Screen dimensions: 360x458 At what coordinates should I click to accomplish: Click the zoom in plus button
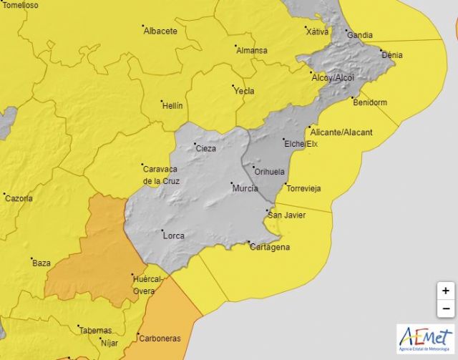click(x=445, y=291)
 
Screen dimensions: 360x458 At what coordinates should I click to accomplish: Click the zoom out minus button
click(x=445, y=308)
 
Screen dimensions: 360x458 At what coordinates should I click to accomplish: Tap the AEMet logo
click(x=425, y=338)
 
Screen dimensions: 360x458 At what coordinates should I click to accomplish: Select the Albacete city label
click(x=160, y=31)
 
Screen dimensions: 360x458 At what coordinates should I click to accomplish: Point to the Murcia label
click(x=245, y=189)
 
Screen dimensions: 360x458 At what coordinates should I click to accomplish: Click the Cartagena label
click(x=270, y=247)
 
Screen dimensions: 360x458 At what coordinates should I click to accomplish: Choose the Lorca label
click(x=173, y=235)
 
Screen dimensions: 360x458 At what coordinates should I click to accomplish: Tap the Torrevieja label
click(x=303, y=188)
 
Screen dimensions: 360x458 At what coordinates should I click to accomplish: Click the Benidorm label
click(x=370, y=102)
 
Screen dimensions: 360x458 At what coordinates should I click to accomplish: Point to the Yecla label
click(x=244, y=91)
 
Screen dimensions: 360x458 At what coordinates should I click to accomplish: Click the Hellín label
click(x=172, y=105)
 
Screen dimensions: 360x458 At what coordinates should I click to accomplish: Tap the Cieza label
click(x=205, y=148)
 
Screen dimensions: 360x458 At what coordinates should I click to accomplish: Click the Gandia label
click(x=360, y=34)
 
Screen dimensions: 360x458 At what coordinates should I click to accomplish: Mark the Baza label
click(x=42, y=263)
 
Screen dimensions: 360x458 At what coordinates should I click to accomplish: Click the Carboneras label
click(x=160, y=339)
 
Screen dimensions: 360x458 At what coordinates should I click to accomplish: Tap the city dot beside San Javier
click(x=268, y=210)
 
